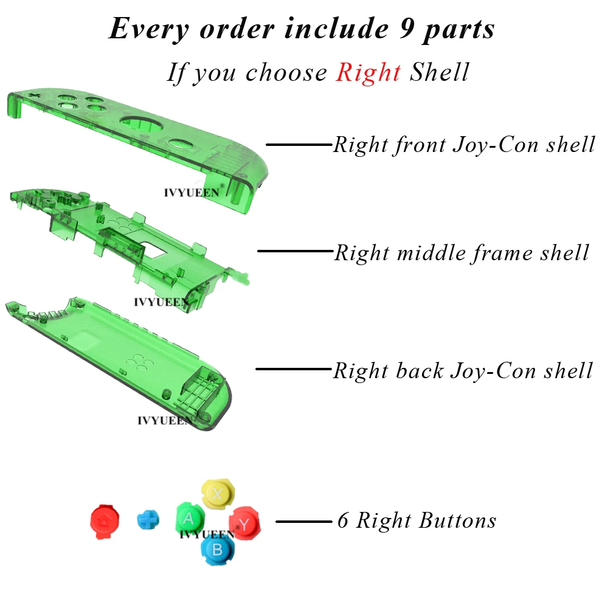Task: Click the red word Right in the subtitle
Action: pos(368,72)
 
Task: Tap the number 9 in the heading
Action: pos(406,29)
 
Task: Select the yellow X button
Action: pos(218,494)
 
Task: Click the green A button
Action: pos(190,519)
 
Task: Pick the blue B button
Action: pos(218,549)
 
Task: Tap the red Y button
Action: pos(244,523)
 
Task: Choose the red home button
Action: pos(105,522)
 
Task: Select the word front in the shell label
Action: pos(420,145)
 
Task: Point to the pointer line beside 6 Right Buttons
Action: pos(304,522)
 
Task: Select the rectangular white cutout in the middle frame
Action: pos(154,250)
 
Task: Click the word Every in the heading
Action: pos(149,29)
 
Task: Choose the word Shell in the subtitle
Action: pos(440,72)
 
